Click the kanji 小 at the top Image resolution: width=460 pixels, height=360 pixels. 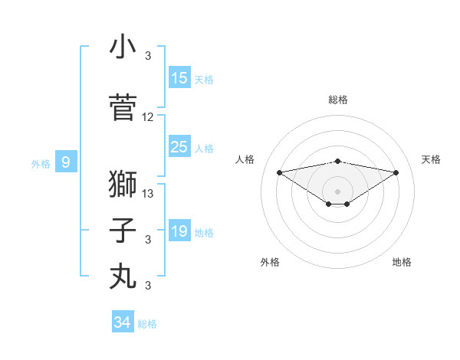pyautogui.click(x=123, y=46)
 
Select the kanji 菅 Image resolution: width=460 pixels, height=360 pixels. pyautogui.click(x=123, y=107)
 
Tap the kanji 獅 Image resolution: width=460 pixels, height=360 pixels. pyautogui.click(x=123, y=184)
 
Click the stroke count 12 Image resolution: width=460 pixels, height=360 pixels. pyautogui.click(x=147, y=117)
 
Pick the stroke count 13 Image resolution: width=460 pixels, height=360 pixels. pyautogui.click(x=147, y=194)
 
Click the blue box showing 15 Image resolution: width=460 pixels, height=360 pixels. pyautogui.click(x=179, y=77)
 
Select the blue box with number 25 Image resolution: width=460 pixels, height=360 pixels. pyautogui.click(x=179, y=146)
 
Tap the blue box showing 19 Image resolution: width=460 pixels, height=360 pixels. pyautogui.click(x=179, y=230)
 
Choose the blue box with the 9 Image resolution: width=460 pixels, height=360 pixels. pyautogui.click(x=66, y=162)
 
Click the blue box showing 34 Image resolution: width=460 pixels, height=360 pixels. pyautogui.click(x=123, y=321)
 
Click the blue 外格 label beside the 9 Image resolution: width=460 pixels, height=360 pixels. pyautogui.click(x=41, y=164)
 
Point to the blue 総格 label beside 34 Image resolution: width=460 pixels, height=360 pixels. pyautogui.click(x=147, y=324)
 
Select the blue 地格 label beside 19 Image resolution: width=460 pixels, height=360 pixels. pyautogui.click(x=204, y=233)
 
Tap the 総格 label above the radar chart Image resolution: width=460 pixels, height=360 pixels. pyautogui.click(x=338, y=100)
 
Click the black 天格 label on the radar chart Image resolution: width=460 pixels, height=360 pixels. pyautogui.click(x=431, y=159)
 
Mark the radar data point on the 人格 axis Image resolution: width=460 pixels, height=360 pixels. pyautogui.click(x=280, y=172)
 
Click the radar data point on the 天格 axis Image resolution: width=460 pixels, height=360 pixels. pyautogui.click(x=396, y=172)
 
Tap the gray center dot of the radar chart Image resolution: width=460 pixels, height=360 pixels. pyautogui.click(x=337, y=191)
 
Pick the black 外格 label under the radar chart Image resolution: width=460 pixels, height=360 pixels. pyautogui.click(x=270, y=262)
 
